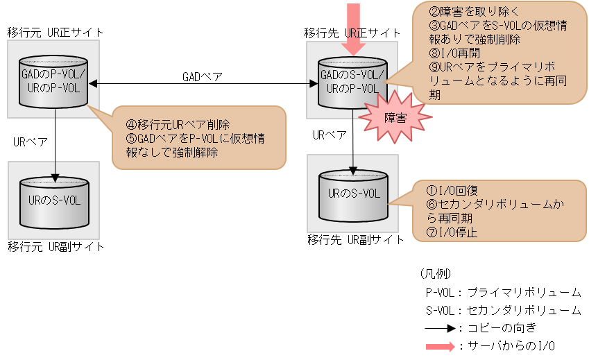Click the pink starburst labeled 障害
(x=395, y=118)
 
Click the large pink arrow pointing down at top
(x=353, y=28)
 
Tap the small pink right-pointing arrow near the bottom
(x=440, y=345)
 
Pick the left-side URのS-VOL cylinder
(x=54, y=201)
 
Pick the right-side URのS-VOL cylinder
(x=352, y=194)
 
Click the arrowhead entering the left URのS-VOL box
(x=55, y=175)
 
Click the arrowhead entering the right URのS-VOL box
(x=353, y=169)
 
